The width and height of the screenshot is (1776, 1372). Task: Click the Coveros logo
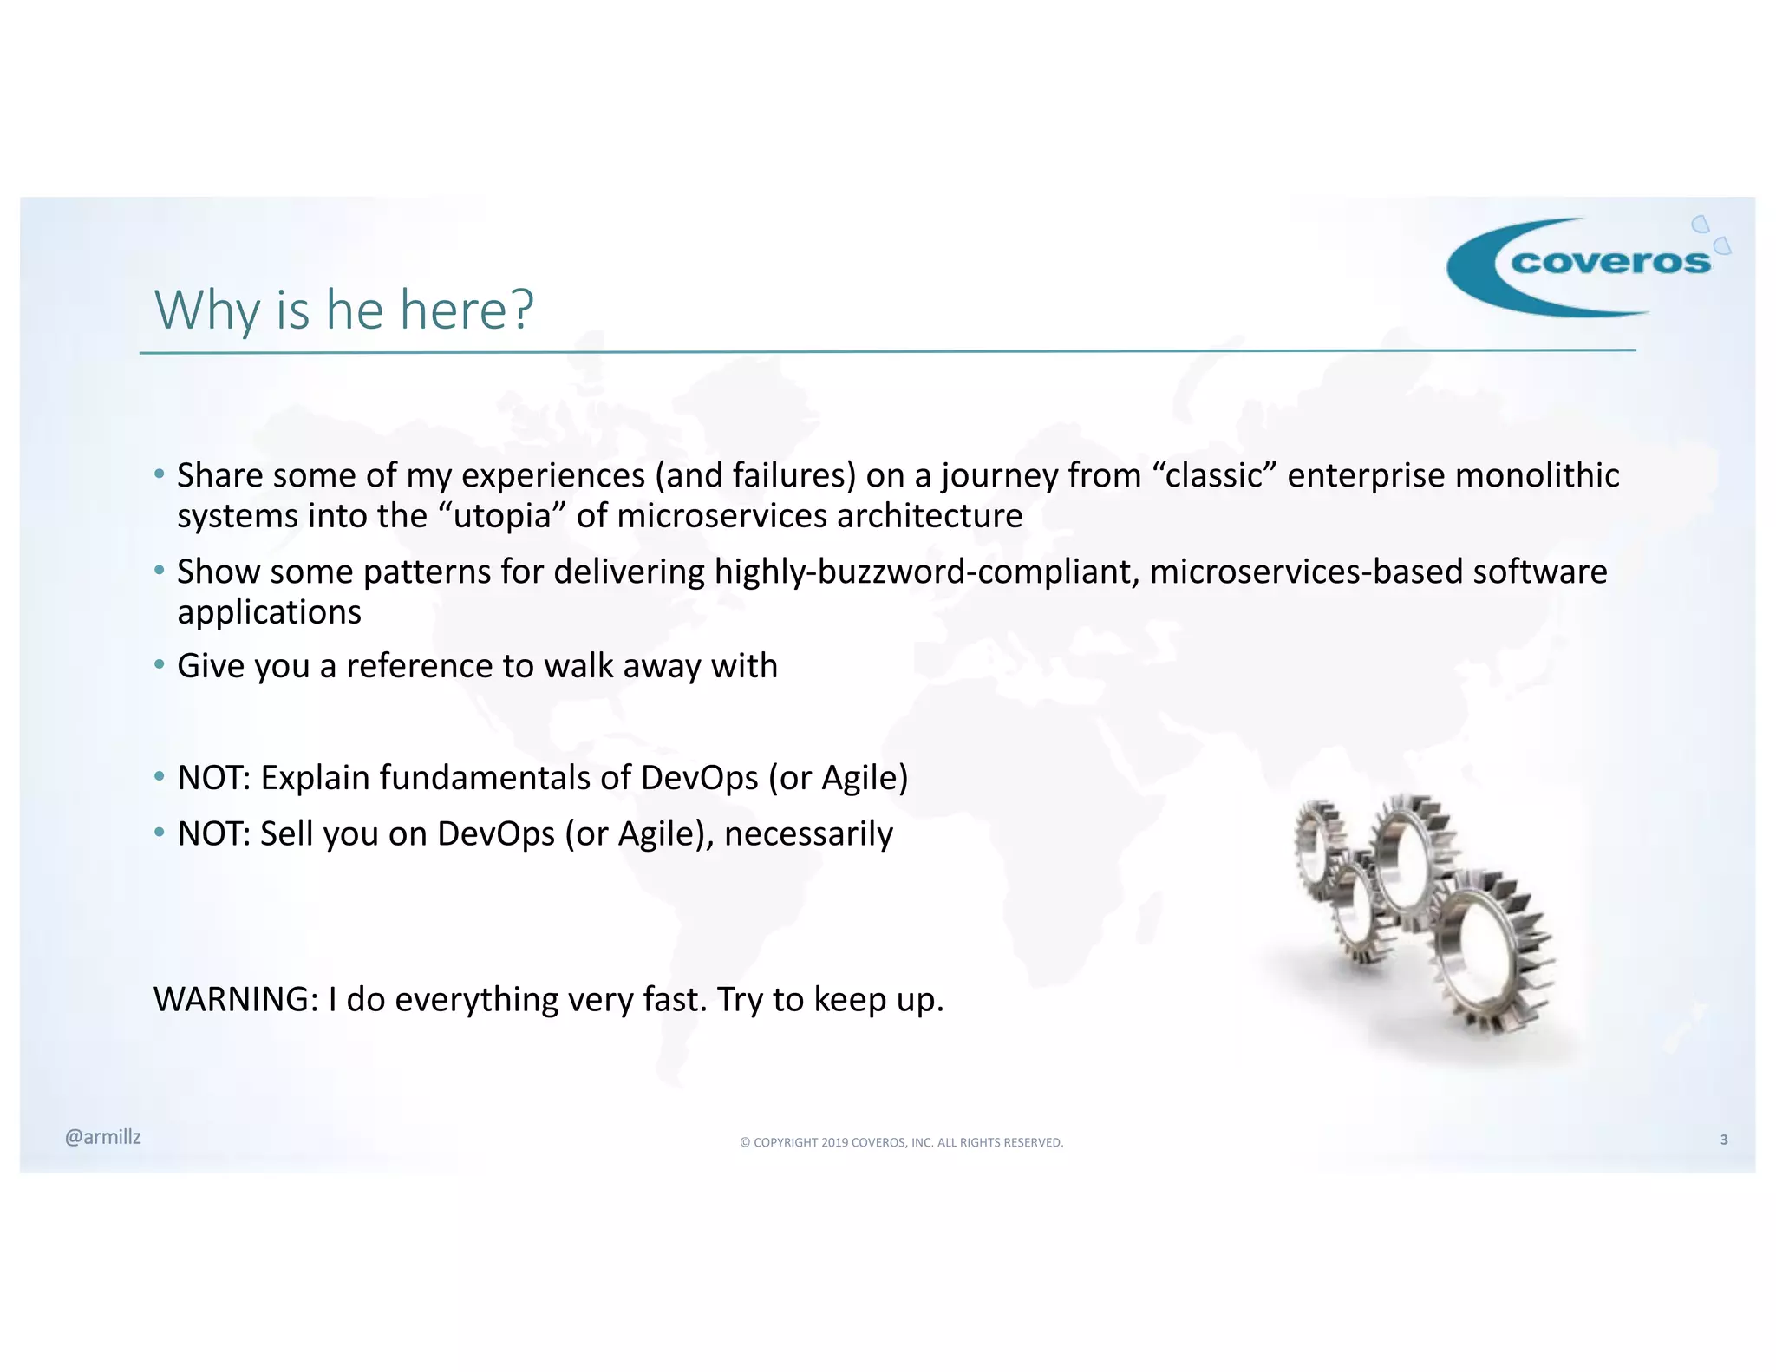(1587, 265)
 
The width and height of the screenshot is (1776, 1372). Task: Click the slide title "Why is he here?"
(343, 310)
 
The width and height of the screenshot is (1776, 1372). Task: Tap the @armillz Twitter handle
(102, 1137)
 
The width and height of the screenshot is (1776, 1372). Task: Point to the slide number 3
(1723, 1140)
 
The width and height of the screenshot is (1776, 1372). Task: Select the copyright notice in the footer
(901, 1142)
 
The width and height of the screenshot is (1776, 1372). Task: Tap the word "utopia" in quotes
(503, 516)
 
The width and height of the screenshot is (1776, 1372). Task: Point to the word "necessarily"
(808, 834)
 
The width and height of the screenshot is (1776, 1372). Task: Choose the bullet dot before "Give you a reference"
(159, 665)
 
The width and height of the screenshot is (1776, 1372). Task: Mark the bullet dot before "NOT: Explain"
(159, 777)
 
